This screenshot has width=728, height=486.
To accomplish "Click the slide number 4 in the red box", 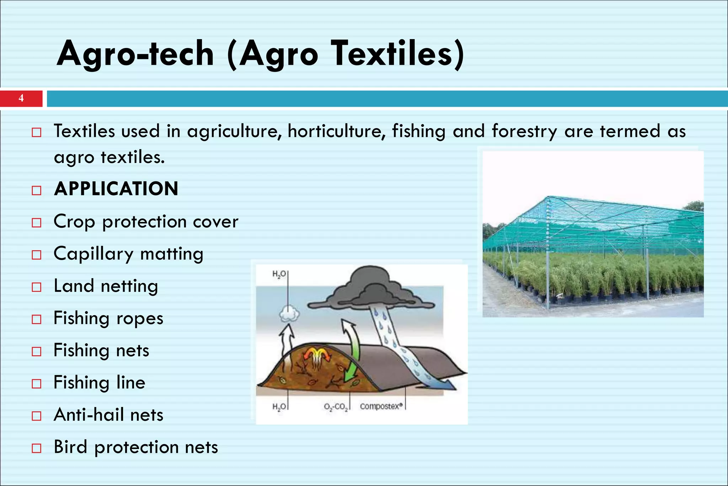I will (21, 98).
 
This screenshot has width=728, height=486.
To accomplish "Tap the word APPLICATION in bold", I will (116, 189).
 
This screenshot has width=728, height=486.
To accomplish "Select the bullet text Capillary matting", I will (128, 254).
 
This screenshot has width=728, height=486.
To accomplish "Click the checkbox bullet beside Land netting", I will (37, 287).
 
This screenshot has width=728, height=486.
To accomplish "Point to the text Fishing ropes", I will (108, 318).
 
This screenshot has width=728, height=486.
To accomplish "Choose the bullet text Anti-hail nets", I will (108, 415).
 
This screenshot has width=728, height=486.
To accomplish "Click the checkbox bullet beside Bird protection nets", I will (37, 448).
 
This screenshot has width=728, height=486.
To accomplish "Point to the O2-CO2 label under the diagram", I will (336, 407).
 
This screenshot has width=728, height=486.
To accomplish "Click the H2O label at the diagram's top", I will (279, 274).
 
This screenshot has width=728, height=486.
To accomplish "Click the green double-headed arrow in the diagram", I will (352, 352).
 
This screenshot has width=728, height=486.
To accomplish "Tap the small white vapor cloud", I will (289, 314).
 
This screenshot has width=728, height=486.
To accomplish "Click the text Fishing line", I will (100, 383).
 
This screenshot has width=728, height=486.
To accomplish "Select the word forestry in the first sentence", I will (524, 131).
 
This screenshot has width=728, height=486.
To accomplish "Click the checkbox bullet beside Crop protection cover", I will (37, 223).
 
